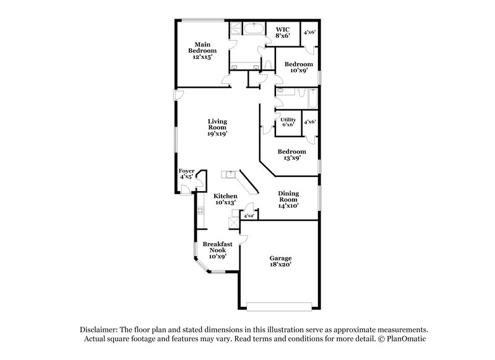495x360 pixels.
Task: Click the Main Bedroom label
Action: [x=201, y=50]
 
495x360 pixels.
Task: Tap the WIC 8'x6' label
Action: [x=282, y=32]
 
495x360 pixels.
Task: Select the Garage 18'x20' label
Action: [x=280, y=260]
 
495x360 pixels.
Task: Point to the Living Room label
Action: [x=217, y=127]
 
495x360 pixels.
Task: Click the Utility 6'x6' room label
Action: [x=289, y=122]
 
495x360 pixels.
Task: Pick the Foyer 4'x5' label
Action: [x=187, y=173]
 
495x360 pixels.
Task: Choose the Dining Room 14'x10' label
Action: [x=288, y=199]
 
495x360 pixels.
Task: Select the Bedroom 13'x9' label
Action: [x=291, y=155]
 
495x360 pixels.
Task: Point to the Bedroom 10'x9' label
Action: [x=298, y=67]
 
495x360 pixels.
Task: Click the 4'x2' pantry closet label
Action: [x=249, y=216]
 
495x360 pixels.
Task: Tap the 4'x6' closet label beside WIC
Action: [x=310, y=32]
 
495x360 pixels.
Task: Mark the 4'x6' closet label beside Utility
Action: [x=310, y=122]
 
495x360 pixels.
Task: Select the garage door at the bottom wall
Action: [x=279, y=306]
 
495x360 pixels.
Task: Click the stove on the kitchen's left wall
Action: [x=200, y=212]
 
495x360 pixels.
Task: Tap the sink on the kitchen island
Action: [x=232, y=174]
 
